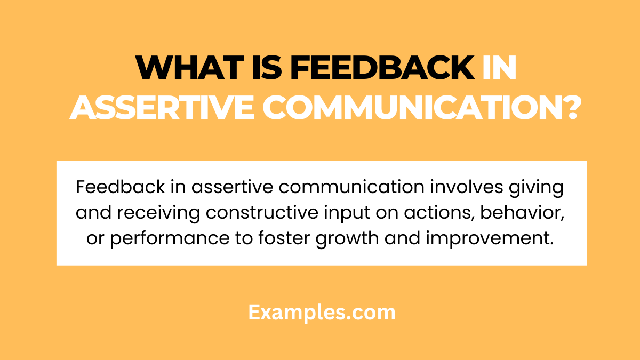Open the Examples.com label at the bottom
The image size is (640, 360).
pyautogui.click(x=322, y=313)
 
